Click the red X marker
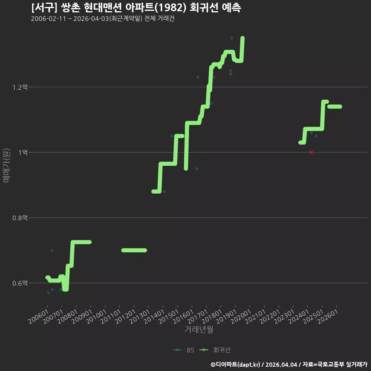pos(311,152)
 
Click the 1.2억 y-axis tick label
pos(20,87)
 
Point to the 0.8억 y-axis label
pos(20,218)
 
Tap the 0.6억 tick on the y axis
pos(20,283)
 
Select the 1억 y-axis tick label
pos(23,152)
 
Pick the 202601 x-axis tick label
pos(328,317)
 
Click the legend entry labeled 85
pos(184,350)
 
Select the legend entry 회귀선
pos(215,350)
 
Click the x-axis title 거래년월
pos(199,329)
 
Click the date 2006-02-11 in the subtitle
pos(48,19)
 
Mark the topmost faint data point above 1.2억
pos(231,38)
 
